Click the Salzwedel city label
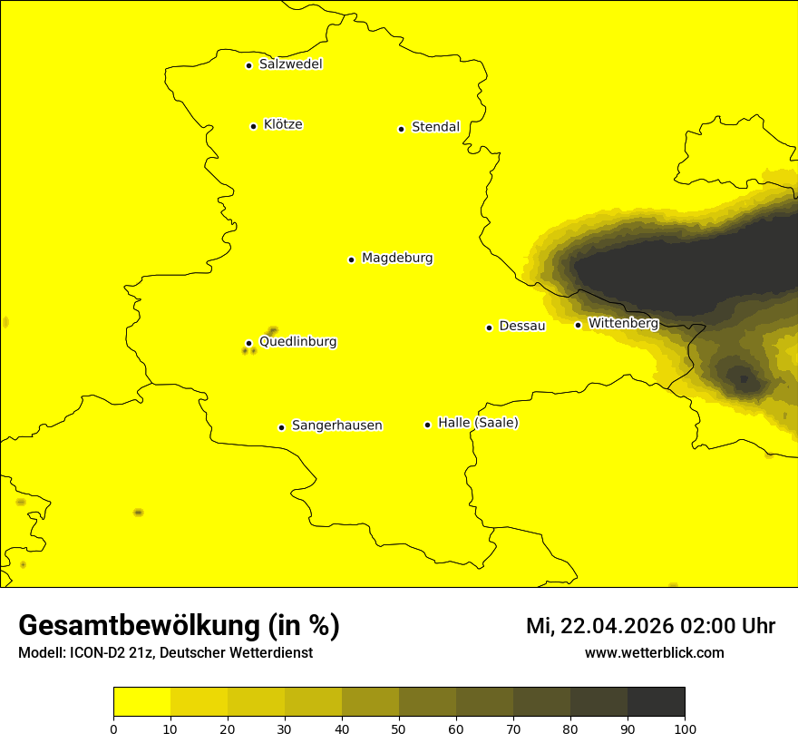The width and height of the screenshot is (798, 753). click(x=290, y=64)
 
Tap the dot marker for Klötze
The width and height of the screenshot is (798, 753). click(x=254, y=126)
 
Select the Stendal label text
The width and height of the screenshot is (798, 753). click(x=435, y=127)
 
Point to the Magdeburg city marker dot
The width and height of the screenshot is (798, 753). click(x=351, y=259)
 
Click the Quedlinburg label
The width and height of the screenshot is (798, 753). click(x=297, y=342)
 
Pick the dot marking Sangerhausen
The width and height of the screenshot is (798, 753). click(x=282, y=427)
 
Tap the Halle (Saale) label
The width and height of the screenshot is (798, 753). click(x=478, y=423)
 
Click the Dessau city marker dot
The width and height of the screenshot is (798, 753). click(x=490, y=328)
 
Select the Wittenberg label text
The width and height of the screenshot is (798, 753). click(x=623, y=323)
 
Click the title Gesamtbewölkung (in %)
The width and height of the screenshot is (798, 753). click(x=179, y=626)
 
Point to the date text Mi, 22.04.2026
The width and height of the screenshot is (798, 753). click(x=600, y=626)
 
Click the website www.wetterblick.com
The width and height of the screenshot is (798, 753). click(x=654, y=652)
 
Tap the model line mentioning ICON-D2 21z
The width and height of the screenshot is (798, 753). click(x=165, y=652)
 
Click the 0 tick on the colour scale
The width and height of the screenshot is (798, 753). click(x=113, y=729)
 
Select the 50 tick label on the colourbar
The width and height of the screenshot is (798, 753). click(x=399, y=729)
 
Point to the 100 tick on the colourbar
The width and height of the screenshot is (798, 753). click(x=685, y=729)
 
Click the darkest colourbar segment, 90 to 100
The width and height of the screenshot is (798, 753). click(x=656, y=702)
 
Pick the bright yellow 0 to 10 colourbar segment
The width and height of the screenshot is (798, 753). click(x=141, y=702)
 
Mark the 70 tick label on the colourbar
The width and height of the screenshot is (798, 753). click(x=513, y=729)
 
